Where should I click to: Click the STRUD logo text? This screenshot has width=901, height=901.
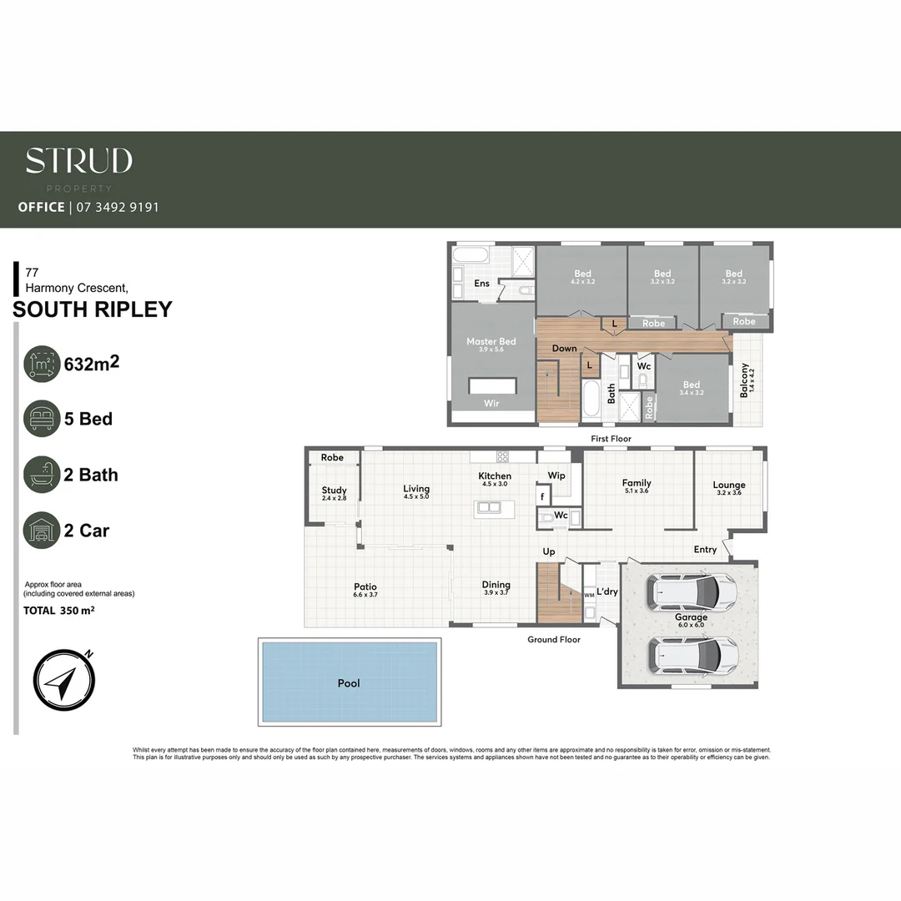pos(78,160)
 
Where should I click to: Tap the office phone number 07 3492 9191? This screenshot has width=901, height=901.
pos(117,207)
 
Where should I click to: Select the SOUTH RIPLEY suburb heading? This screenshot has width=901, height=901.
pos(93,310)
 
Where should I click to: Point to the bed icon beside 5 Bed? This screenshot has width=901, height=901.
pos(42,419)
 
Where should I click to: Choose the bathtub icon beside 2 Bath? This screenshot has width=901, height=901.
pos(42,475)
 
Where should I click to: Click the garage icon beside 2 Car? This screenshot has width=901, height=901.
pos(42,531)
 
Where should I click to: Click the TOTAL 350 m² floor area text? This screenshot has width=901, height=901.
pos(58,611)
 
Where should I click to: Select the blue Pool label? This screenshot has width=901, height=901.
pos(349,683)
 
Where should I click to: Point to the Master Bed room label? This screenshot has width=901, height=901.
pos(491,342)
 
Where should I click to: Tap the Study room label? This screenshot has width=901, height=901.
pos(334,491)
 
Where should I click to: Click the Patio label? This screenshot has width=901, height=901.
pos(365,587)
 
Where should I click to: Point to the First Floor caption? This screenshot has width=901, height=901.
pos(611,439)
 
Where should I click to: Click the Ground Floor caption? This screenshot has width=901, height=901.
pos(553,640)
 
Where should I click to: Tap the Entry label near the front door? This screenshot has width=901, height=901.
pos(705,550)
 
